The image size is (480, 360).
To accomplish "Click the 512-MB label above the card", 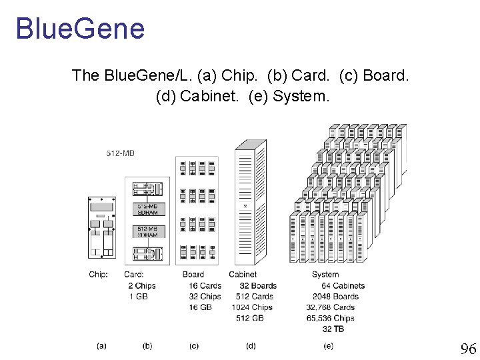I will pos(121,153).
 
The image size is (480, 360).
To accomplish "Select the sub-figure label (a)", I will pos(101,345).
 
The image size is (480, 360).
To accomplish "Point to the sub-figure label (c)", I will pos(194,345).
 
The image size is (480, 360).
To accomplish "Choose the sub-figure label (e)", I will pos(328,345).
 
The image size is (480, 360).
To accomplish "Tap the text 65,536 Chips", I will pos(330,318).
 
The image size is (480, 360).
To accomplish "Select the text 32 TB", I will pos(333,329).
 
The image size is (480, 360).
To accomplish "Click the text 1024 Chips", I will pos(252,307).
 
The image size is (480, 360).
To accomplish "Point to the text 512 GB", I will pos(250,318).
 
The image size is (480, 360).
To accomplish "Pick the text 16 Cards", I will pos(205,285).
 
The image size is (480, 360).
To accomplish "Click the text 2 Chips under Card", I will pos(142,285).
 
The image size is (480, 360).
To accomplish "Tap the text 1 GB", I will pos(138,296).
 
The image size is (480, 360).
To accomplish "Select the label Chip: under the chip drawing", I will pos(98,274).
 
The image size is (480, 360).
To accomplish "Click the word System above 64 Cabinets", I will pos(325,274).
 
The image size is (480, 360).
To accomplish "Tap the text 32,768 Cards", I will pos(331,307).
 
